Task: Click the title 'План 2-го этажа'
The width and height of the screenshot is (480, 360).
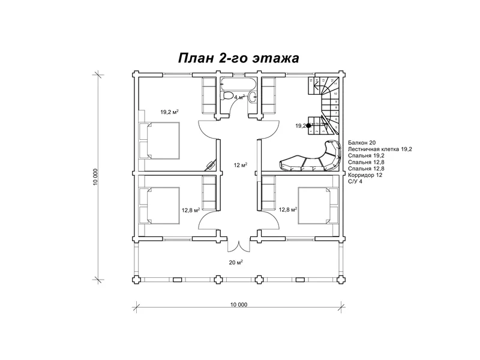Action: (x=238, y=58)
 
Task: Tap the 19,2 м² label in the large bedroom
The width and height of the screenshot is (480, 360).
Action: (x=170, y=112)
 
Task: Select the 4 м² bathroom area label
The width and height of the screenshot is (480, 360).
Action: (x=239, y=97)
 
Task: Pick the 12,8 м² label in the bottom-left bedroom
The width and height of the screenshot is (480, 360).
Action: (x=191, y=210)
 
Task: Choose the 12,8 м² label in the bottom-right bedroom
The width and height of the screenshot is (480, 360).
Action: (x=288, y=209)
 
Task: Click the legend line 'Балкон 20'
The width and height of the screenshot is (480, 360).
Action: (x=361, y=142)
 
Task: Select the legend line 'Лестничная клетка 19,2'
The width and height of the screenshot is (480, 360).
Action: (x=380, y=149)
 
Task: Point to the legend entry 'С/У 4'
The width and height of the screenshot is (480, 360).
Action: (x=356, y=182)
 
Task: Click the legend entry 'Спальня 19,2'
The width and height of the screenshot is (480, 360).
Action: (x=365, y=155)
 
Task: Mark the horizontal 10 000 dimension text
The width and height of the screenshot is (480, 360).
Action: (x=238, y=304)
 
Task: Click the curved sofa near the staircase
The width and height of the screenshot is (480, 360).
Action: (x=312, y=159)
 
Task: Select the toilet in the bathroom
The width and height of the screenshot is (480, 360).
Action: (x=228, y=96)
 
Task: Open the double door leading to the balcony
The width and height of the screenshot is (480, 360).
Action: (x=238, y=246)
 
